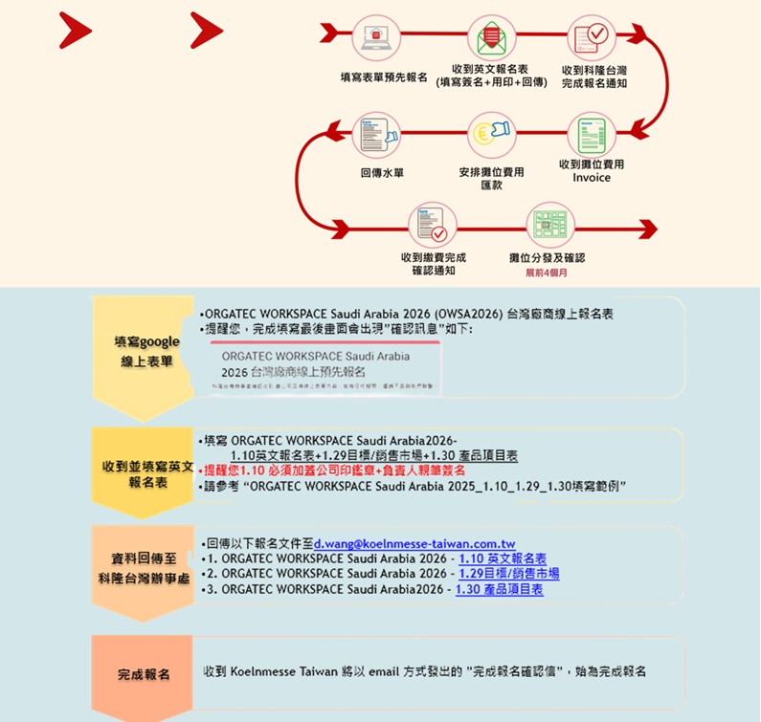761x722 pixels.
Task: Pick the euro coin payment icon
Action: pyautogui.click(x=492, y=134)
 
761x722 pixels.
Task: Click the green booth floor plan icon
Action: pyautogui.click(x=549, y=224)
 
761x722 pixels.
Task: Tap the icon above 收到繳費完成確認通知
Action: pyautogui.click(x=433, y=224)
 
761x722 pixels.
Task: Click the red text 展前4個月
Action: pyautogui.click(x=547, y=273)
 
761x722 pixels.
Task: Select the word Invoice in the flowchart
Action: pyautogui.click(x=592, y=178)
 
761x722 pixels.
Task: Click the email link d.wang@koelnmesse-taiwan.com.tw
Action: pyautogui.click(x=414, y=543)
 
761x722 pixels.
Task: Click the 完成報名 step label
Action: pyautogui.click(x=144, y=674)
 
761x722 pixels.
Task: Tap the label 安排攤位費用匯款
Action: pyautogui.click(x=491, y=179)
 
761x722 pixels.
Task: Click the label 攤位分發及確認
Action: pyautogui.click(x=547, y=258)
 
